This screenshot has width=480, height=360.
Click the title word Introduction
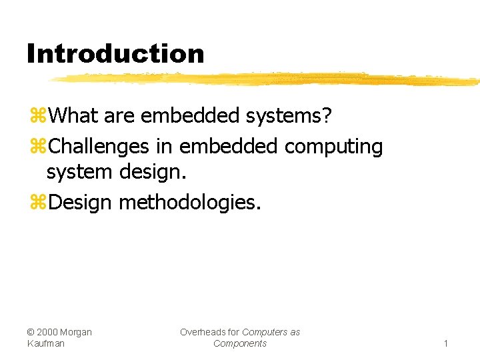(x=115, y=53)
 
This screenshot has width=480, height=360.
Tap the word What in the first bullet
(x=73, y=115)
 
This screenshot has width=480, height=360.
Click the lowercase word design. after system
(x=154, y=171)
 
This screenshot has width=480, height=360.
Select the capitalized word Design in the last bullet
(x=80, y=201)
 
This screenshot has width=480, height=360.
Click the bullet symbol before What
(x=37, y=117)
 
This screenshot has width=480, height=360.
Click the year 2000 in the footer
(x=49, y=332)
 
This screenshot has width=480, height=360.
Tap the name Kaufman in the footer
(x=46, y=343)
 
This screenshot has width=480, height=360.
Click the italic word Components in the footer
(x=240, y=343)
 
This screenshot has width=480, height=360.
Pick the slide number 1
(x=446, y=343)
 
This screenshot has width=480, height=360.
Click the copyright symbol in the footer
(x=31, y=332)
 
